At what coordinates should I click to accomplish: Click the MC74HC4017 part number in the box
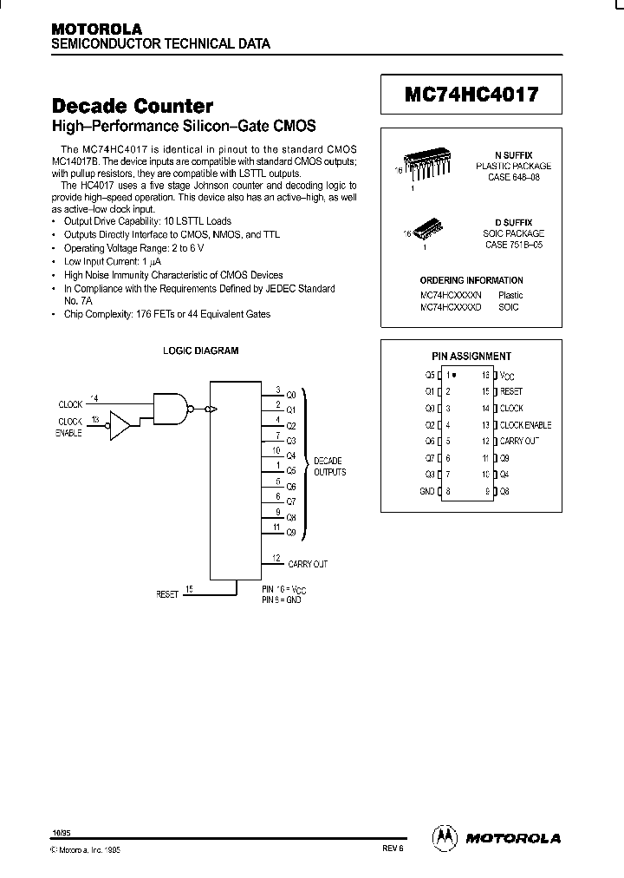pyautogui.click(x=471, y=95)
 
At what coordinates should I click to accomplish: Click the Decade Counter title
pyautogui.click(x=133, y=107)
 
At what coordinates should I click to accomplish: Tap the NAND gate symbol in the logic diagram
pyautogui.click(x=172, y=406)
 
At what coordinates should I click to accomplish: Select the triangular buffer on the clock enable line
pyautogui.click(x=120, y=426)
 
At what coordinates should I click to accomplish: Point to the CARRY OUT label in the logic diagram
pyautogui.click(x=307, y=564)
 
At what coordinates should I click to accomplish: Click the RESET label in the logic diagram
pyautogui.click(x=166, y=594)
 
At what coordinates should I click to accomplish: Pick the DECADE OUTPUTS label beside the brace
pyautogui.click(x=329, y=466)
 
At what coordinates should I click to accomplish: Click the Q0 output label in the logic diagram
pyautogui.click(x=291, y=395)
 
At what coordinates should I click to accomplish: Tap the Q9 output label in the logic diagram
pyautogui.click(x=291, y=532)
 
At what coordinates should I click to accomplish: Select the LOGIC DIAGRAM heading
pyautogui.click(x=201, y=351)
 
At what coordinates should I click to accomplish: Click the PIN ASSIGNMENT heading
pyautogui.click(x=471, y=356)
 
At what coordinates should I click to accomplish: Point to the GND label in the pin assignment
pyautogui.click(x=427, y=491)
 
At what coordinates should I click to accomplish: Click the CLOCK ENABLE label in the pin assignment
pyautogui.click(x=525, y=425)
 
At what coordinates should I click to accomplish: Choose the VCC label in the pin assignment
pyautogui.click(x=507, y=376)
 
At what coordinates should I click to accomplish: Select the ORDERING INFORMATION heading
pyautogui.click(x=471, y=280)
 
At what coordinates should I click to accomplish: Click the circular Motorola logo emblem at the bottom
pyautogui.click(x=444, y=836)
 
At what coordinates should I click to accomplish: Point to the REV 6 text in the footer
pyautogui.click(x=391, y=851)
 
